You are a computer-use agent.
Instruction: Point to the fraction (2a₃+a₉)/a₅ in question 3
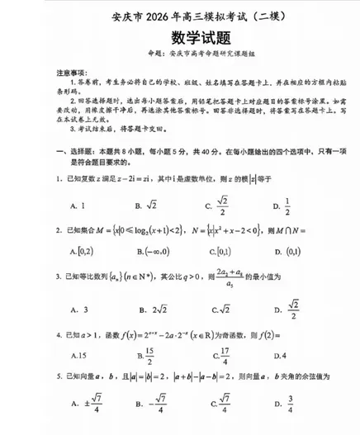click(x=235, y=278)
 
